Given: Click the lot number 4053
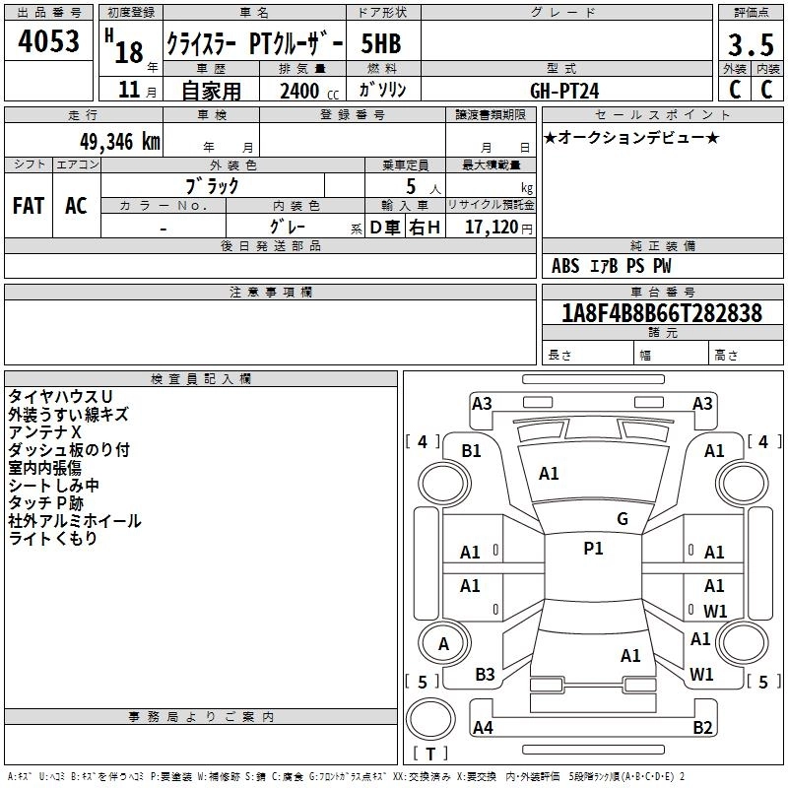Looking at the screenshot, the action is [49, 43].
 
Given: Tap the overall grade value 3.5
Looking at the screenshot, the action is [750, 45].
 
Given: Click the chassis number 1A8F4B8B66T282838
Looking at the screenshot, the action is [662, 313].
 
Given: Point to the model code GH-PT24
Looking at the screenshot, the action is [564, 90].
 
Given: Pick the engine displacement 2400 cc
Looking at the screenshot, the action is [304, 91].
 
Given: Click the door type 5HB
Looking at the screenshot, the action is [381, 45].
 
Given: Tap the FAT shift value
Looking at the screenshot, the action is [28, 206].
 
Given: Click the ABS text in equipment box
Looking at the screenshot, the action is [565, 266].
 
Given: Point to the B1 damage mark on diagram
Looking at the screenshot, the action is [472, 450].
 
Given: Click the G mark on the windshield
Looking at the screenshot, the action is [622, 519].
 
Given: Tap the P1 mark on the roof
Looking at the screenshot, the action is [593, 549].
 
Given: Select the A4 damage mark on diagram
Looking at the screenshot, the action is [483, 728].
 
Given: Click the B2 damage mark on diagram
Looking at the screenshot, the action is [702, 728].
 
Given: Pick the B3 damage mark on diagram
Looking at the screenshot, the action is [485, 675].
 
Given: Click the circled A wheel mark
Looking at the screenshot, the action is [443, 644].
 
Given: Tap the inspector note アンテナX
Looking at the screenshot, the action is [44, 432].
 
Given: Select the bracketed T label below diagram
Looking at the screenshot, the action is [430, 755].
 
